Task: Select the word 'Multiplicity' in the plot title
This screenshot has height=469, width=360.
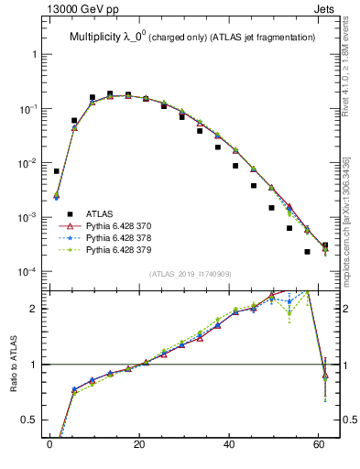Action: (x=99, y=38)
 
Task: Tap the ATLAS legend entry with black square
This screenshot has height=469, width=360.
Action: (x=96, y=213)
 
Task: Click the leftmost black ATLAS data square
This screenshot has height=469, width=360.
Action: (x=57, y=171)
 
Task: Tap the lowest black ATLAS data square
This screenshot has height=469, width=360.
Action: (x=307, y=252)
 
